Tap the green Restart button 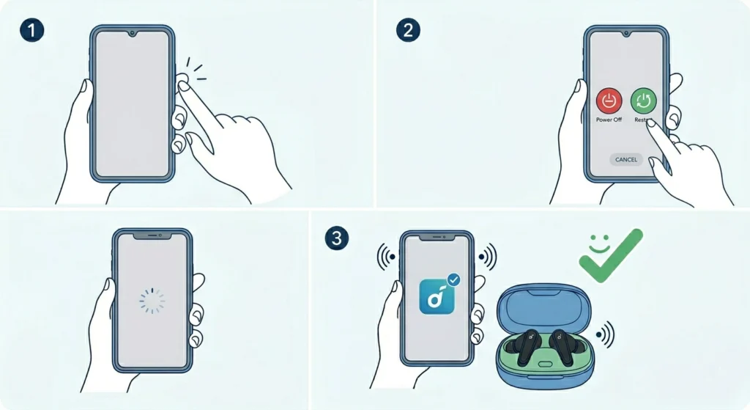pos(644,101)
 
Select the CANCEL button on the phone pos(626,159)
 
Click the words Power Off pos(609,120)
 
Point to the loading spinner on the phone pos(152,300)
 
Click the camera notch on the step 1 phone pos(133,33)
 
